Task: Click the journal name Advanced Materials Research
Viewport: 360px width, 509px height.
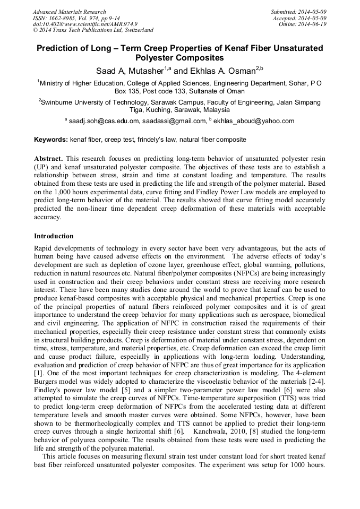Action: pyautogui.click(x=69, y=12)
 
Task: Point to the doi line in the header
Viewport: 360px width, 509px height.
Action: pyautogui.click(x=85, y=24)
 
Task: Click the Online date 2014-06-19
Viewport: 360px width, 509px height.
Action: pyautogui.click(x=312, y=24)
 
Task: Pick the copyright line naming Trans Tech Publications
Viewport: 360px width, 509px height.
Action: pyautogui.click(x=93, y=30)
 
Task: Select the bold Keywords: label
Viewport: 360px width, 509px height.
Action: pyautogui.click(x=51, y=140)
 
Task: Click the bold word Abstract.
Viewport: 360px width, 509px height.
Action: pyautogui.click(x=48, y=159)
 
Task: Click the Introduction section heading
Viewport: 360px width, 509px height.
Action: pyautogui.click(x=54, y=236)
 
